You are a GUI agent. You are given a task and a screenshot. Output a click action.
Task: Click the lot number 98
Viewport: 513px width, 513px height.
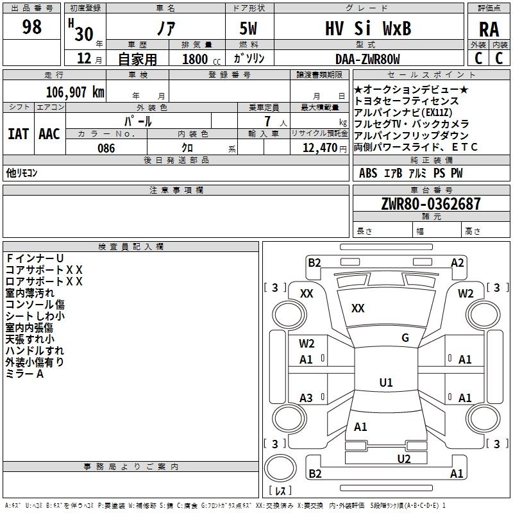(x=31, y=27)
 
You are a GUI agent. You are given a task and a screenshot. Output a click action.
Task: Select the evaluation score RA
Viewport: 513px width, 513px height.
(x=489, y=29)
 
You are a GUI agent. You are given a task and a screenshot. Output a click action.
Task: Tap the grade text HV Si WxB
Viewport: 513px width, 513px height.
(x=367, y=29)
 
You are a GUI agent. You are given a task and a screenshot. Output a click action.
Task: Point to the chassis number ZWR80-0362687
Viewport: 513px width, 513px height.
(x=430, y=204)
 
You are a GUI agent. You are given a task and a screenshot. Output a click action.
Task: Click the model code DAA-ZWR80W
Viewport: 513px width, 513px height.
(x=367, y=59)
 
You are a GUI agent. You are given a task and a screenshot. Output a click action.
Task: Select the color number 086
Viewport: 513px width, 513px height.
(x=106, y=148)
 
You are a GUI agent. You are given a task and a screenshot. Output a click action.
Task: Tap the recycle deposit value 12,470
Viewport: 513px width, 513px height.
(x=319, y=148)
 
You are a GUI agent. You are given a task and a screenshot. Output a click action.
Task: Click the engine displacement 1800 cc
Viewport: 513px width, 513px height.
(x=196, y=60)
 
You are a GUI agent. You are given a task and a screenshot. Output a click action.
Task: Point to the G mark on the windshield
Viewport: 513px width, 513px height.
(x=405, y=338)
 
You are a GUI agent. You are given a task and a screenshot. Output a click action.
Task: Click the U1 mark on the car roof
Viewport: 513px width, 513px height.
(x=385, y=383)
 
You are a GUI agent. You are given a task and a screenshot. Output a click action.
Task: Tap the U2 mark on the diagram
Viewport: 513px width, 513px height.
(x=403, y=458)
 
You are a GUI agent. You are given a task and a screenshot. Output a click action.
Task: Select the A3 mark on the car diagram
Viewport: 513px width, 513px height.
(x=306, y=398)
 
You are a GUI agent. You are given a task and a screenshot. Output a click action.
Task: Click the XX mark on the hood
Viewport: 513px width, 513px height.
(x=358, y=308)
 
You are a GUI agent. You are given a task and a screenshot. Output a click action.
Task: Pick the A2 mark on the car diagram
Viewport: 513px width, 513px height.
(x=457, y=262)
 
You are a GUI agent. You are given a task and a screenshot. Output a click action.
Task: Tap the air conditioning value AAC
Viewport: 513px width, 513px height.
(x=49, y=133)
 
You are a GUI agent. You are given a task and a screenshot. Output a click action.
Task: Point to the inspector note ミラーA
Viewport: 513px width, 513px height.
(x=24, y=374)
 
